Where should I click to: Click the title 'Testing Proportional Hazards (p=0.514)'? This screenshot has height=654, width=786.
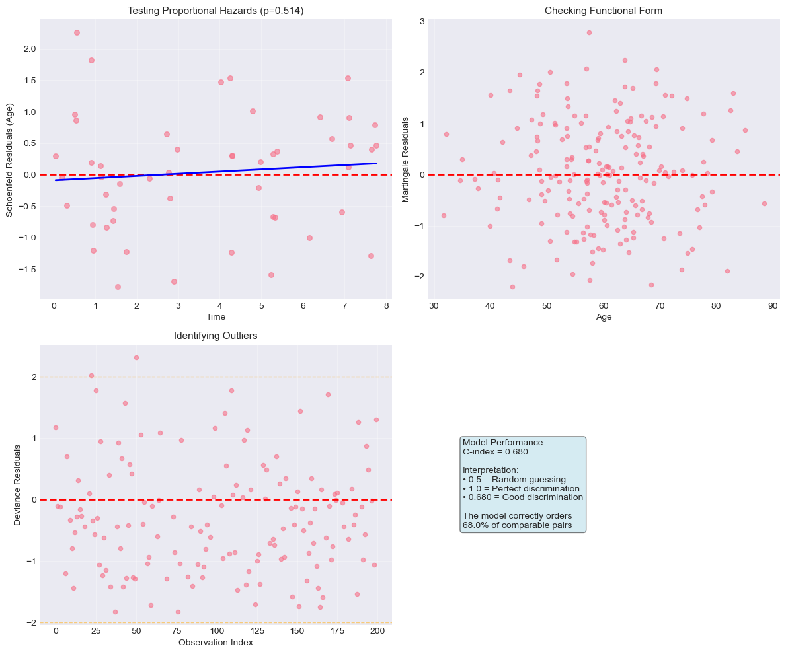click(x=216, y=11)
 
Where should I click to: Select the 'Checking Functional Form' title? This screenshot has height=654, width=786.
click(x=603, y=11)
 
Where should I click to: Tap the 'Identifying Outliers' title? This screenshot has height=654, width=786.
click(x=216, y=336)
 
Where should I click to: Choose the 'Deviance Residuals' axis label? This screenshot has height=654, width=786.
click(x=17, y=485)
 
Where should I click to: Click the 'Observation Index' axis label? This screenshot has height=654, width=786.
click(x=216, y=642)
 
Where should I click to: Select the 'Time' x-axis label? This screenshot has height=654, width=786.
click(x=216, y=317)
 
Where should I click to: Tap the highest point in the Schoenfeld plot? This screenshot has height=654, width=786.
click(x=77, y=32)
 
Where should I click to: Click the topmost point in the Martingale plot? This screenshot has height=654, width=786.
click(x=589, y=32)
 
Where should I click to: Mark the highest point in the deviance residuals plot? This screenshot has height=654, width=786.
click(x=136, y=357)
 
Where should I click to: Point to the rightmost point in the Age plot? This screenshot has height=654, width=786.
click(x=764, y=203)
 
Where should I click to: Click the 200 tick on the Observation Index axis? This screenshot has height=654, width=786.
click(x=377, y=631)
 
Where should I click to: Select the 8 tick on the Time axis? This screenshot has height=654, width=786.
click(x=385, y=306)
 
